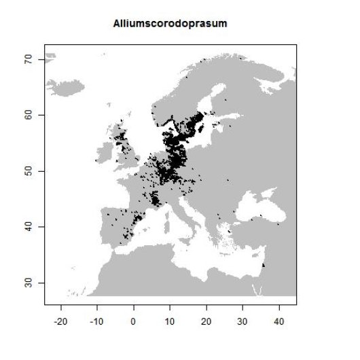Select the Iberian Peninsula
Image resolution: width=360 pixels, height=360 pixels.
click(115, 228)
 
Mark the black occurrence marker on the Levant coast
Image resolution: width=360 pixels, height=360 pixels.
click(263, 265)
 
